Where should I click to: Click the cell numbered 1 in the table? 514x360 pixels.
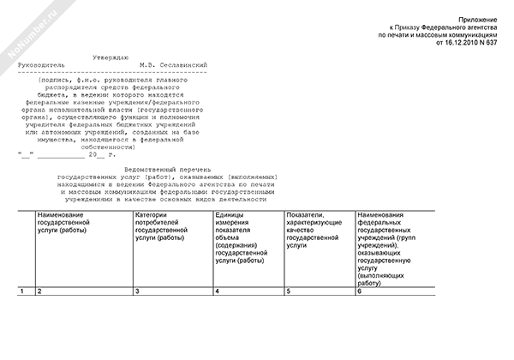click(21, 293)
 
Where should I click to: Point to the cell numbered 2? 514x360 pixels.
click(39, 293)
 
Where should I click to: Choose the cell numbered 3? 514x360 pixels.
click(138, 293)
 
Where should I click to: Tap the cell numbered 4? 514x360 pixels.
click(218, 293)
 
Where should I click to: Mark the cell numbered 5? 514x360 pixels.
click(289, 293)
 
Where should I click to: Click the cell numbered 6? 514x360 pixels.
click(360, 293)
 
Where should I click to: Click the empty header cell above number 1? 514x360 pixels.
click(25, 248)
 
